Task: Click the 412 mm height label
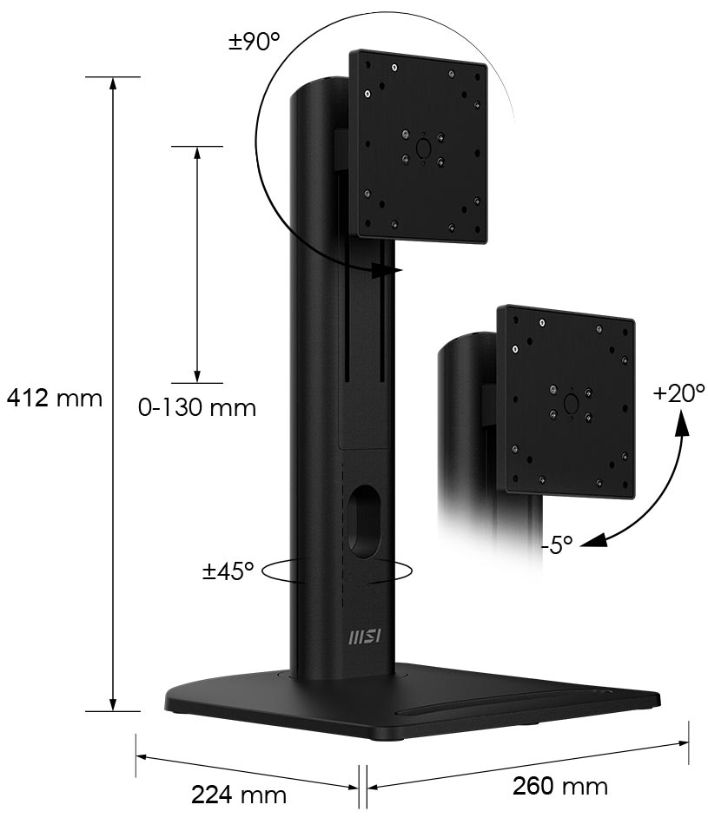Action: tap(54, 399)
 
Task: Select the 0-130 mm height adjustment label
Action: tap(197, 407)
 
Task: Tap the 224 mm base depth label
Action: tap(238, 795)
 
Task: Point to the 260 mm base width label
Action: tap(559, 786)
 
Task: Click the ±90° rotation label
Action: tap(254, 41)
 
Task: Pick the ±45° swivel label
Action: tap(228, 571)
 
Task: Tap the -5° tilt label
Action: tap(557, 545)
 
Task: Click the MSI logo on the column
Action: tap(364, 637)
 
